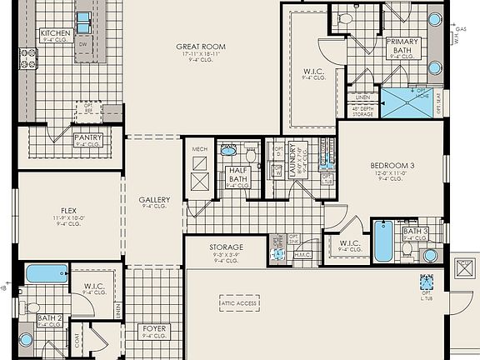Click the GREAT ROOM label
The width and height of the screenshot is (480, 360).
pos(200,47)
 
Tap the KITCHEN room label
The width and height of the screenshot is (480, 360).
pos(56,33)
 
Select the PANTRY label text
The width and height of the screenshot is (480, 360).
pos(88,137)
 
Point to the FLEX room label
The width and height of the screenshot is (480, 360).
pos(68,211)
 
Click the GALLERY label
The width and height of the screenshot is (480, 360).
pos(154,200)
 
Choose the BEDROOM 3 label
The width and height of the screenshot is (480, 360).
pos(392,166)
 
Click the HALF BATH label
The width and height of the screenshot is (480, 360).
pos(237,175)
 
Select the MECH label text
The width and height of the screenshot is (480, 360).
pos(199,149)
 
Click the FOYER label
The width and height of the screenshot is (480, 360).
pos(154,329)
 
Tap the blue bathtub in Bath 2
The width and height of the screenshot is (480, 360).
pos(47,273)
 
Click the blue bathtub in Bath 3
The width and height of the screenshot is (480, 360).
pos(382,240)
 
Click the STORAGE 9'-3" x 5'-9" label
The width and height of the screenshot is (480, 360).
pos(226,247)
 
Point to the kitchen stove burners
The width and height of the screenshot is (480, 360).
pos(28,57)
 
